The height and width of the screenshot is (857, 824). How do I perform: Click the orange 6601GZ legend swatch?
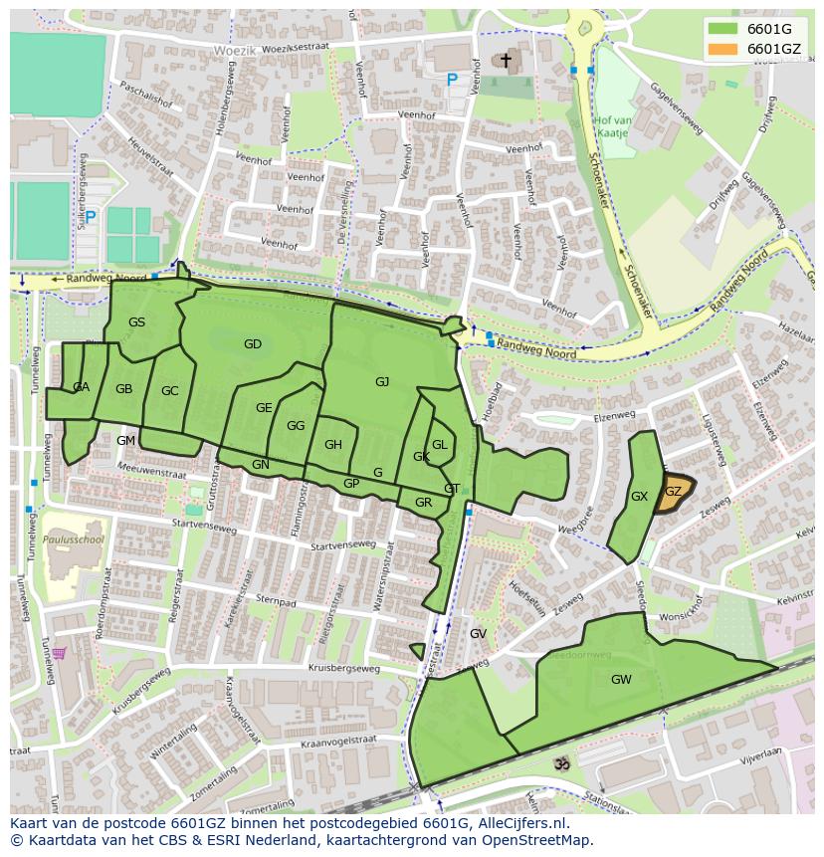pyautogui.click(x=723, y=49)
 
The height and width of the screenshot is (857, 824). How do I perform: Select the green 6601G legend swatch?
pyautogui.click(x=723, y=29)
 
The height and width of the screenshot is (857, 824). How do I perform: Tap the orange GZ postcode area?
pyautogui.click(x=674, y=492)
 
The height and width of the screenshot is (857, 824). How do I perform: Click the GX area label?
pyautogui.click(x=639, y=497)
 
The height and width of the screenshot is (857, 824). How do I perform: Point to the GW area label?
pyautogui.click(x=621, y=680)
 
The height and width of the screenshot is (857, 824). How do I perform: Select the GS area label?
pyautogui.click(x=136, y=321)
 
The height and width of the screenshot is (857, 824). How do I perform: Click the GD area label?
pyautogui.click(x=253, y=344)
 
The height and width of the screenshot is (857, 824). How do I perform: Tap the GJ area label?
pyautogui.click(x=382, y=381)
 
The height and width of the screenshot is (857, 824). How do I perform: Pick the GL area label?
pyautogui.click(x=439, y=445)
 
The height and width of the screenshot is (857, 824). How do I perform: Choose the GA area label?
pyautogui.click(x=81, y=387)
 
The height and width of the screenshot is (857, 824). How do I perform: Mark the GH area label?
pyautogui.click(x=332, y=445)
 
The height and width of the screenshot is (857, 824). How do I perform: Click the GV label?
pyautogui.click(x=478, y=634)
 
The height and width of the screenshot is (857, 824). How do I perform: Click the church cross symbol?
pyautogui.click(x=506, y=62)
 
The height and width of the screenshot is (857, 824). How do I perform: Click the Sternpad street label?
pyautogui.click(x=276, y=600)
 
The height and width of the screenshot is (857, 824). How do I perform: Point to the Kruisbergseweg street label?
pyautogui.click(x=344, y=669)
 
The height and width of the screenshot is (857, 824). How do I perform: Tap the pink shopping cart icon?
pyautogui.click(x=59, y=653)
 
